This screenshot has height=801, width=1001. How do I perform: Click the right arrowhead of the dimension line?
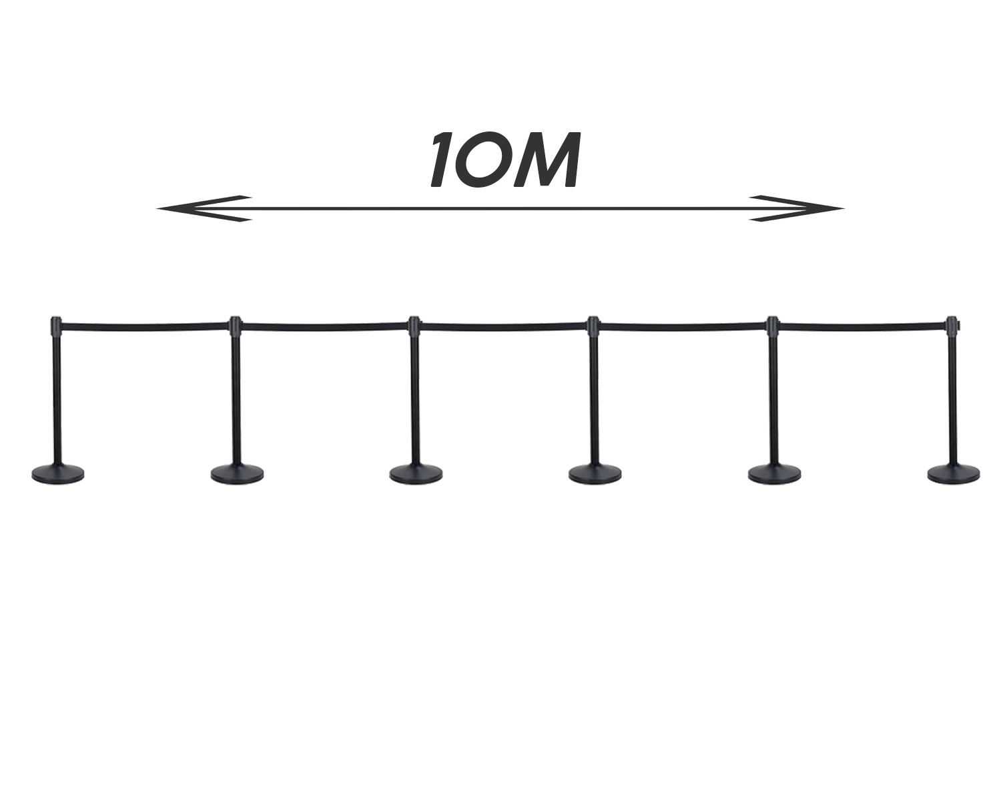796,208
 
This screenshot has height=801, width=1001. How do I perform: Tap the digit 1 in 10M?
446,160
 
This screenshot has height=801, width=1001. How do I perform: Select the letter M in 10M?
546,160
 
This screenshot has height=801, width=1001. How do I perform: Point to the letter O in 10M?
487,160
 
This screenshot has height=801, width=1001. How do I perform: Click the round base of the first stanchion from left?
58,473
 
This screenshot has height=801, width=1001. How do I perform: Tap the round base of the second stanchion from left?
237,473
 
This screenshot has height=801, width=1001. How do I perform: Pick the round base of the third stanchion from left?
416,473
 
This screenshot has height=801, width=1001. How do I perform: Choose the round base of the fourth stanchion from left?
595,473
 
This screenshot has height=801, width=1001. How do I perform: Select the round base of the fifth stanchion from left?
775,473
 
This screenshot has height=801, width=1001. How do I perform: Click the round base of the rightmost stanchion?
954,473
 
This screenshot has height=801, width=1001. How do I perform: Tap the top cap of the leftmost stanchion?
56,326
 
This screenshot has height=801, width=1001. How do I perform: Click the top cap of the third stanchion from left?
414,326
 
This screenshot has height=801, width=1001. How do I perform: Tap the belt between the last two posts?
862,326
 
